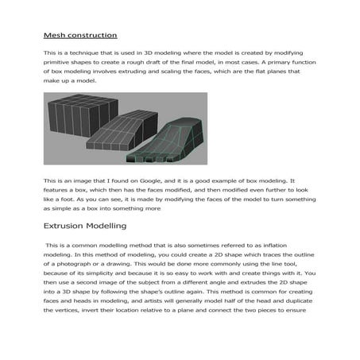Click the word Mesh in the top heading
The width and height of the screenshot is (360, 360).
point(54,35)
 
